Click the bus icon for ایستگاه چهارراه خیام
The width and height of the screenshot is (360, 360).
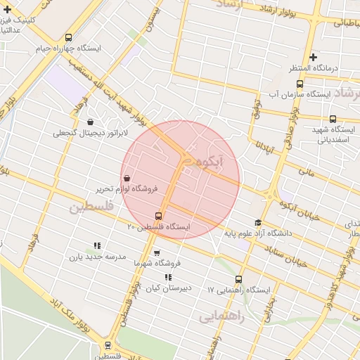(68, 38)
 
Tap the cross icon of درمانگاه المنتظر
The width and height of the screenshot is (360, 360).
(314, 57)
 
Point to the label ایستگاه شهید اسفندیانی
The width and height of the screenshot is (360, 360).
(330, 134)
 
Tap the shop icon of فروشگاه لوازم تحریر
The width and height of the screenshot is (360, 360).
(127, 178)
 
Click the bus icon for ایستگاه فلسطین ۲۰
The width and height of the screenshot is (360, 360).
(158, 216)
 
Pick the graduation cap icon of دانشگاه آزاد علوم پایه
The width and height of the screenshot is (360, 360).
(258, 222)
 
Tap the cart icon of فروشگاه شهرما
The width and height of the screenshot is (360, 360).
(156, 253)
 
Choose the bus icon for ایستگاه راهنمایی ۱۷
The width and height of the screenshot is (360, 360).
(239, 279)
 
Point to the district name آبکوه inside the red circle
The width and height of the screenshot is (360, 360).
(207, 163)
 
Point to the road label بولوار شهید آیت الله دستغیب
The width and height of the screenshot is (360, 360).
(112, 88)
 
